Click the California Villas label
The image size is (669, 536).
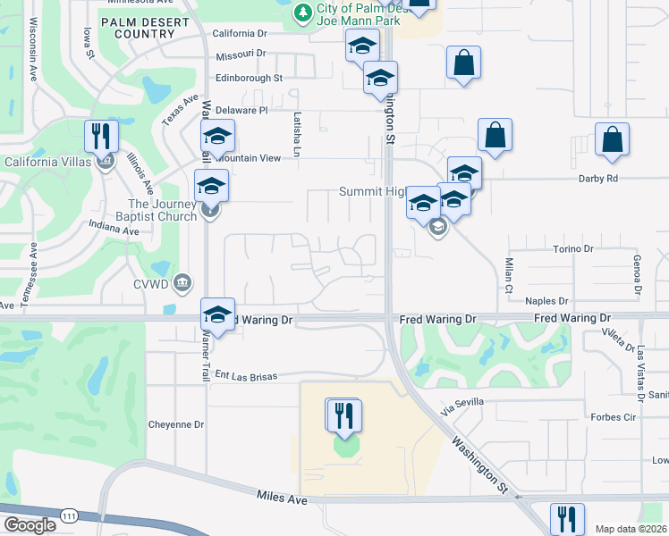coord(52,162)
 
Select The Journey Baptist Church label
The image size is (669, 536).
coord(149,210)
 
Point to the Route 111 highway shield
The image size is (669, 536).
coord(69,515)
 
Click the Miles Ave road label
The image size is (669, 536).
coord(282,497)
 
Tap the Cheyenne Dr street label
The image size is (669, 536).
coord(176,424)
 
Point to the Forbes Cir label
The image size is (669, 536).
coord(614,416)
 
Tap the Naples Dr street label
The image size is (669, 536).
coord(547,302)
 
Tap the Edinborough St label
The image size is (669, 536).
coord(249,78)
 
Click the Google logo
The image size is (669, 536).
coord(30,524)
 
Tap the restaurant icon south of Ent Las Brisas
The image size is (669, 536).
coord(343,415)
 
